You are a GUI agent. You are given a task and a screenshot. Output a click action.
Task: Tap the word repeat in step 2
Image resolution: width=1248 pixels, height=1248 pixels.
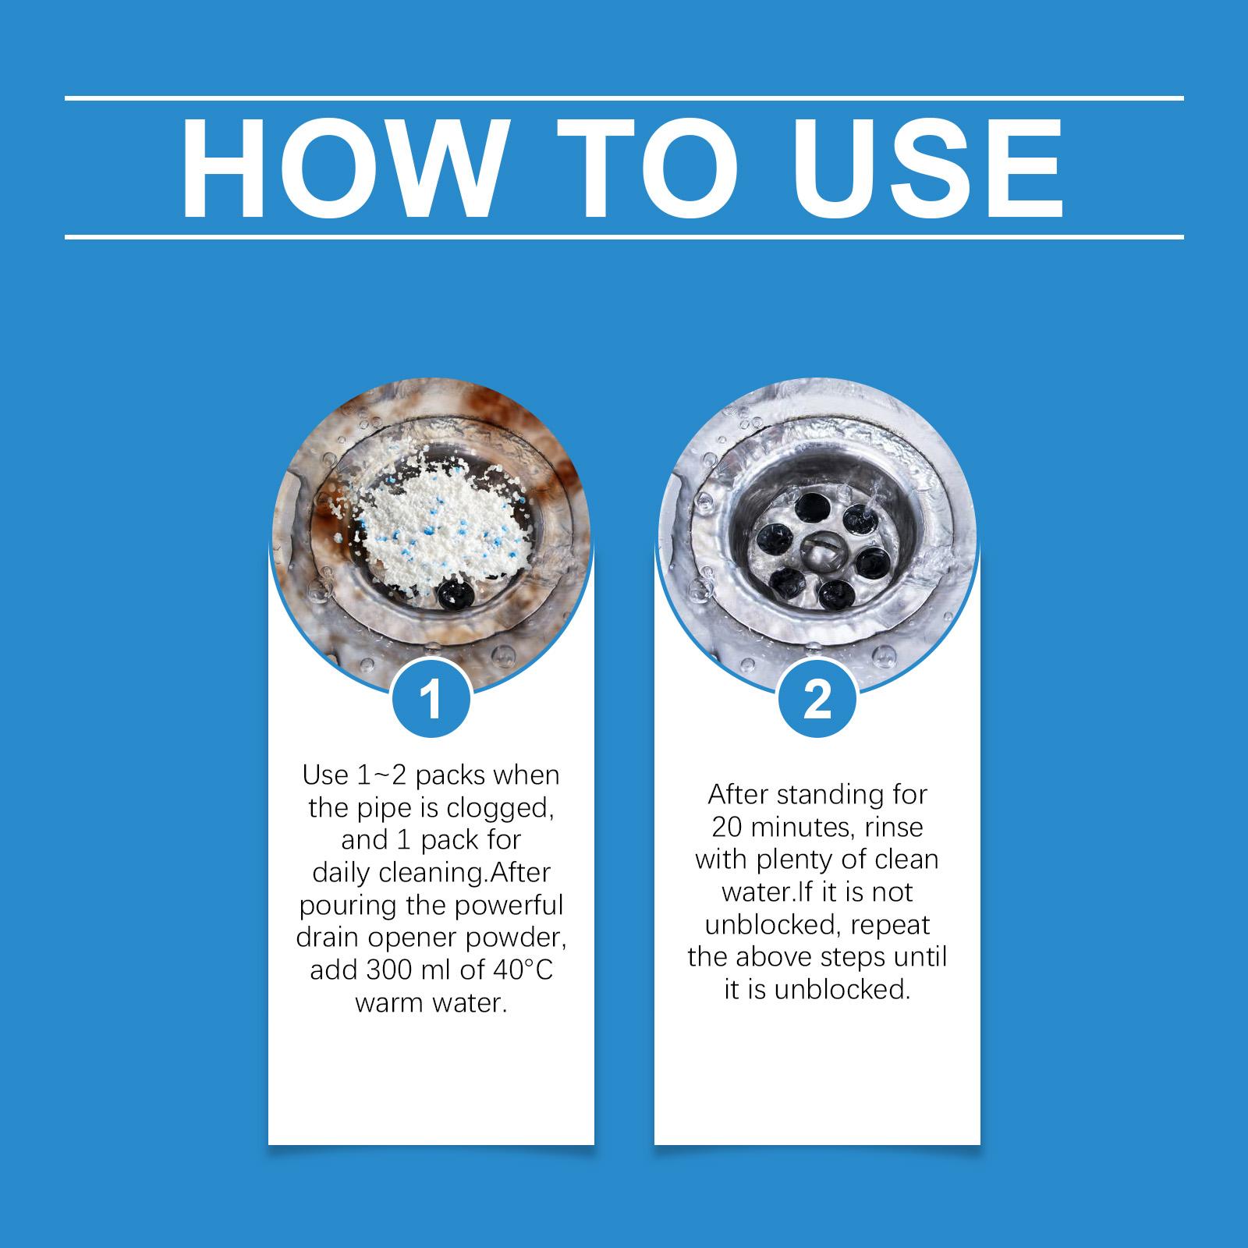click(x=891, y=925)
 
